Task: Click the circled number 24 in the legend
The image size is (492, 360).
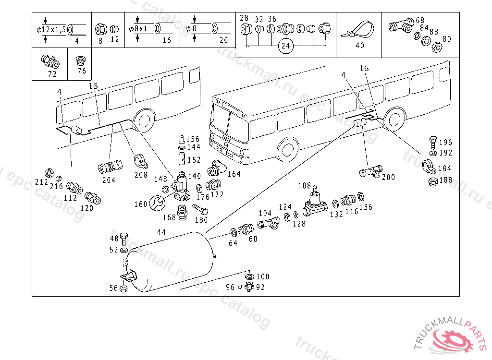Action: click(286, 47)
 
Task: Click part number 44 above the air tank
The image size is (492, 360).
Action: click(161, 232)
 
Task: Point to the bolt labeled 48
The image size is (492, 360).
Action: click(123, 238)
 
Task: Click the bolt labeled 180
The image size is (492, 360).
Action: click(200, 209)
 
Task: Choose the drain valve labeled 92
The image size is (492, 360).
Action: click(248, 288)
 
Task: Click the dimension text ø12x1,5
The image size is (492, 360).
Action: click(51, 30)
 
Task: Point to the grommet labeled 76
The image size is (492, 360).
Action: click(81, 61)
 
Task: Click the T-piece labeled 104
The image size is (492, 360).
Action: click(270, 223)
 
